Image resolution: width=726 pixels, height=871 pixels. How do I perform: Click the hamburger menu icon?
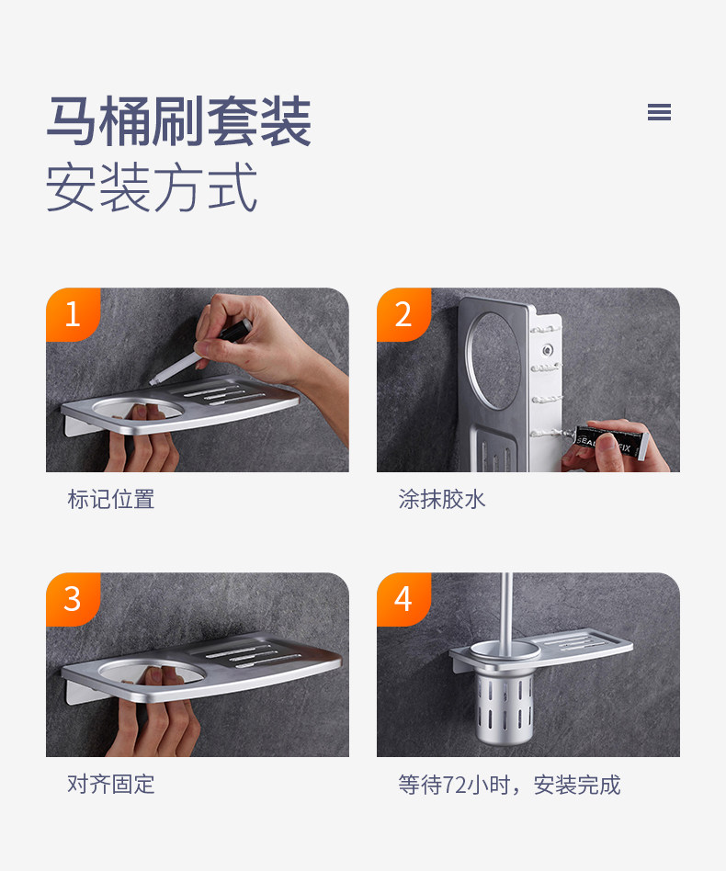[659, 112]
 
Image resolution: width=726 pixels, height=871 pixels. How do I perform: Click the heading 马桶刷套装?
[178, 121]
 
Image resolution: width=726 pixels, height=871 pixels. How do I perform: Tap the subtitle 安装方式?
[152, 187]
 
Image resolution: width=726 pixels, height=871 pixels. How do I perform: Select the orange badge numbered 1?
[73, 314]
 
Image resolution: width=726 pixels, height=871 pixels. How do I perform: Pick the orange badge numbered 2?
[403, 314]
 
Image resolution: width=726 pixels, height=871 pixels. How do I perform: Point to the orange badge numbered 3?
[73, 599]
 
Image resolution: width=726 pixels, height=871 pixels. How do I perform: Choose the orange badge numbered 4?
[403, 599]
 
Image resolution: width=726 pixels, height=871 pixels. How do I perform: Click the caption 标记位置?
[111, 500]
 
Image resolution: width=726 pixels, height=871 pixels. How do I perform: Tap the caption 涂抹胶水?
[442, 500]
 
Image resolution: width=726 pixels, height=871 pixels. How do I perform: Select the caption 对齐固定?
[111, 785]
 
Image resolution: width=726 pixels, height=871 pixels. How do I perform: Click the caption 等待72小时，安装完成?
[509, 785]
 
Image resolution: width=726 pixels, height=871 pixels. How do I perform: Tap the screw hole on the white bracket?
[548, 350]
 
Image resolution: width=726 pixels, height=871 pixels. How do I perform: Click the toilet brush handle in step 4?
[506, 609]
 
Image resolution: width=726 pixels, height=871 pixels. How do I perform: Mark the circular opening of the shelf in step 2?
[493, 360]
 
